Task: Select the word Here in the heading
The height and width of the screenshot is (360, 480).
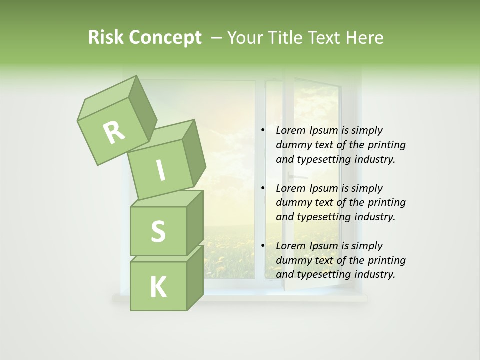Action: click(x=365, y=38)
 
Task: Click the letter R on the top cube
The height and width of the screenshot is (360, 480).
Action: click(x=114, y=133)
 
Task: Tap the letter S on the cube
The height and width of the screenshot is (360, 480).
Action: click(x=158, y=231)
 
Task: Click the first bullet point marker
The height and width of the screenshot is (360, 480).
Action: click(x=263, y=131)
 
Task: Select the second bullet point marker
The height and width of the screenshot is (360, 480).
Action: click(x=263, y=189)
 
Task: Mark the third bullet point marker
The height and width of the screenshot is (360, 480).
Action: click(x=263, y=246)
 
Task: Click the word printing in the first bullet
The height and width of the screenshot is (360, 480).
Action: click(x=387, y=145)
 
